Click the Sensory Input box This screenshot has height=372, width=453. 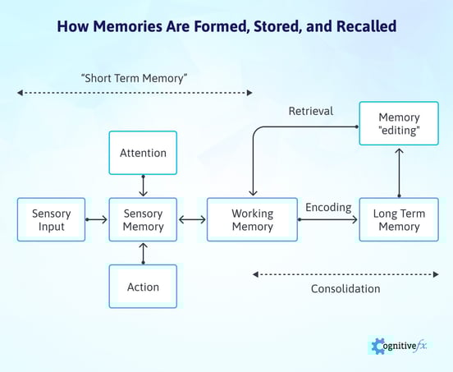point(51,219)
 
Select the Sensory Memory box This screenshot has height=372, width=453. point(143,219)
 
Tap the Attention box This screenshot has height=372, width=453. point(143,153)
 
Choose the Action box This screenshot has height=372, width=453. point(143,287)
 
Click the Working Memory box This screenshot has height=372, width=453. point(252,219)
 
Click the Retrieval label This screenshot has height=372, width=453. point(311,111)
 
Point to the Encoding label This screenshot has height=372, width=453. point(328,208)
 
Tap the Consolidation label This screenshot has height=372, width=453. point(345,289)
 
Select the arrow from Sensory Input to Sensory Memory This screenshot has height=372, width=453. point(97,219)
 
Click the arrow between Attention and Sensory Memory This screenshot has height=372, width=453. point(143,186)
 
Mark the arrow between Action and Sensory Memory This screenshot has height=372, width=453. point(143,253)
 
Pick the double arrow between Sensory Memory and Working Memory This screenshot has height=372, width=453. point(191,219)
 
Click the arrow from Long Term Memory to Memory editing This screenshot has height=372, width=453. point(400,173)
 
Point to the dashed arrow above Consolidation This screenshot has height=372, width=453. point(345,273)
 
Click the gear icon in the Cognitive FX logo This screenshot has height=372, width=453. point(378,346)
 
